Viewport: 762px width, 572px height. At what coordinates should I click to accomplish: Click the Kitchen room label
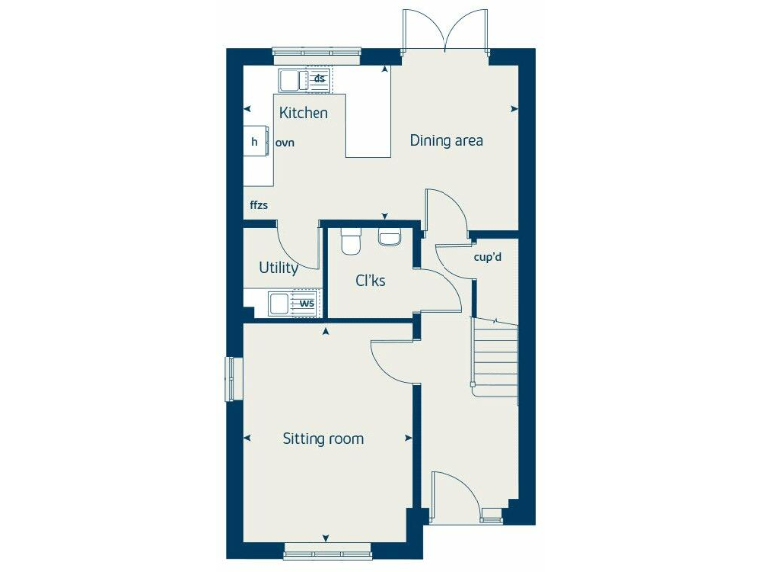tap(303, 113)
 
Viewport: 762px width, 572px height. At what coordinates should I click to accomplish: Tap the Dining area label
tap(446, 141)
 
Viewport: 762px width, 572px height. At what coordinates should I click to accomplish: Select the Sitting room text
tap(322, 438)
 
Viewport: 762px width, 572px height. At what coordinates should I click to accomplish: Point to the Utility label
tap(278, 268)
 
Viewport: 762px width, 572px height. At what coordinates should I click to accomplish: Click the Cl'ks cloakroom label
tap(370, 281)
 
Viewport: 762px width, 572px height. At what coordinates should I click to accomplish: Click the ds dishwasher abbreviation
tap(319, 78)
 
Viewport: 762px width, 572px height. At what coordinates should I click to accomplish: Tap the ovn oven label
tap(285, 143)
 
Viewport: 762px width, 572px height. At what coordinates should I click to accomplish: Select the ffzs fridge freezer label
tap(258, 206)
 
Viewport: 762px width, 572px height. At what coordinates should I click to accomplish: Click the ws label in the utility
tap(307, 303)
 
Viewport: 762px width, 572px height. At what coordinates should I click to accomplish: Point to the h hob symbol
tap(255, 142)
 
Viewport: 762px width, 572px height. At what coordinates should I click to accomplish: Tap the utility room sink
tap(279, 303)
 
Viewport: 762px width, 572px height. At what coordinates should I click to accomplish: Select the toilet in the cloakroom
tap(351, 242)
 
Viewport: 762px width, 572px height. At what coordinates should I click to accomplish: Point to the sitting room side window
tap(233, 379)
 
